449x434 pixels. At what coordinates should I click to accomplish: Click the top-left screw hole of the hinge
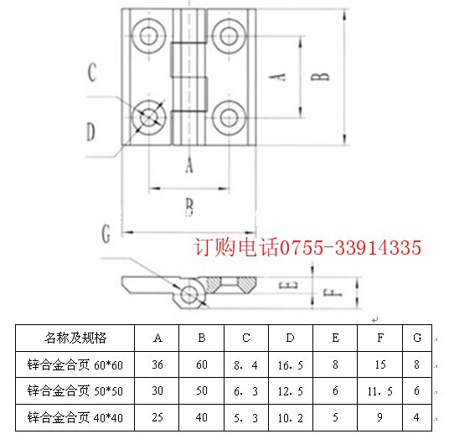[x=149, y=36]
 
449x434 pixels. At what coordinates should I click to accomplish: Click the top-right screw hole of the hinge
[x=229, y=36]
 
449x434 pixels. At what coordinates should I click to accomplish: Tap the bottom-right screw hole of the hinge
[x=229, y=117]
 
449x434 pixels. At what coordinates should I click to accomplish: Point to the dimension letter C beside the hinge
[x=92, y=72]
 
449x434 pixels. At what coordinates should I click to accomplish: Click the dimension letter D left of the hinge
[x=91, y=132]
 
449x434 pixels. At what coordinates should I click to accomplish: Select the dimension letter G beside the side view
[x=106, y=233]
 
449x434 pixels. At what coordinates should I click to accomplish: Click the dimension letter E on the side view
[x=288, y=285]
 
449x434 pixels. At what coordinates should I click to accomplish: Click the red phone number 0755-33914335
[x=350, y=247]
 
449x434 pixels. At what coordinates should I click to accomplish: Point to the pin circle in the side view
[x=189, y=294]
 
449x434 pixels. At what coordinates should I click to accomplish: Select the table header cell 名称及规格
[x=75, y=338]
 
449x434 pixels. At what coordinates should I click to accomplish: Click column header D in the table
[x=291, y=338]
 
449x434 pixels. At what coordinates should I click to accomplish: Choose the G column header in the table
[x=417, y=338]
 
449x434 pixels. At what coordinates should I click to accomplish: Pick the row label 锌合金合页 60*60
[x=75, y=364]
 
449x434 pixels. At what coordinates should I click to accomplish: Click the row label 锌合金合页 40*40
[x=75, y=418]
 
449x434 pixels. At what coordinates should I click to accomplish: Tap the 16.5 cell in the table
[x=291, y=365]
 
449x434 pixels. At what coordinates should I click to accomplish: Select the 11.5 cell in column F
[x=380, y=391]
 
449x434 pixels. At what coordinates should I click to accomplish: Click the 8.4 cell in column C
[x=245, y=365]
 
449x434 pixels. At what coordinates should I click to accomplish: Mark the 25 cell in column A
[x=157, y=417]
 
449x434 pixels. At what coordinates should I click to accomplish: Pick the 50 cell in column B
[x=202, y=390]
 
